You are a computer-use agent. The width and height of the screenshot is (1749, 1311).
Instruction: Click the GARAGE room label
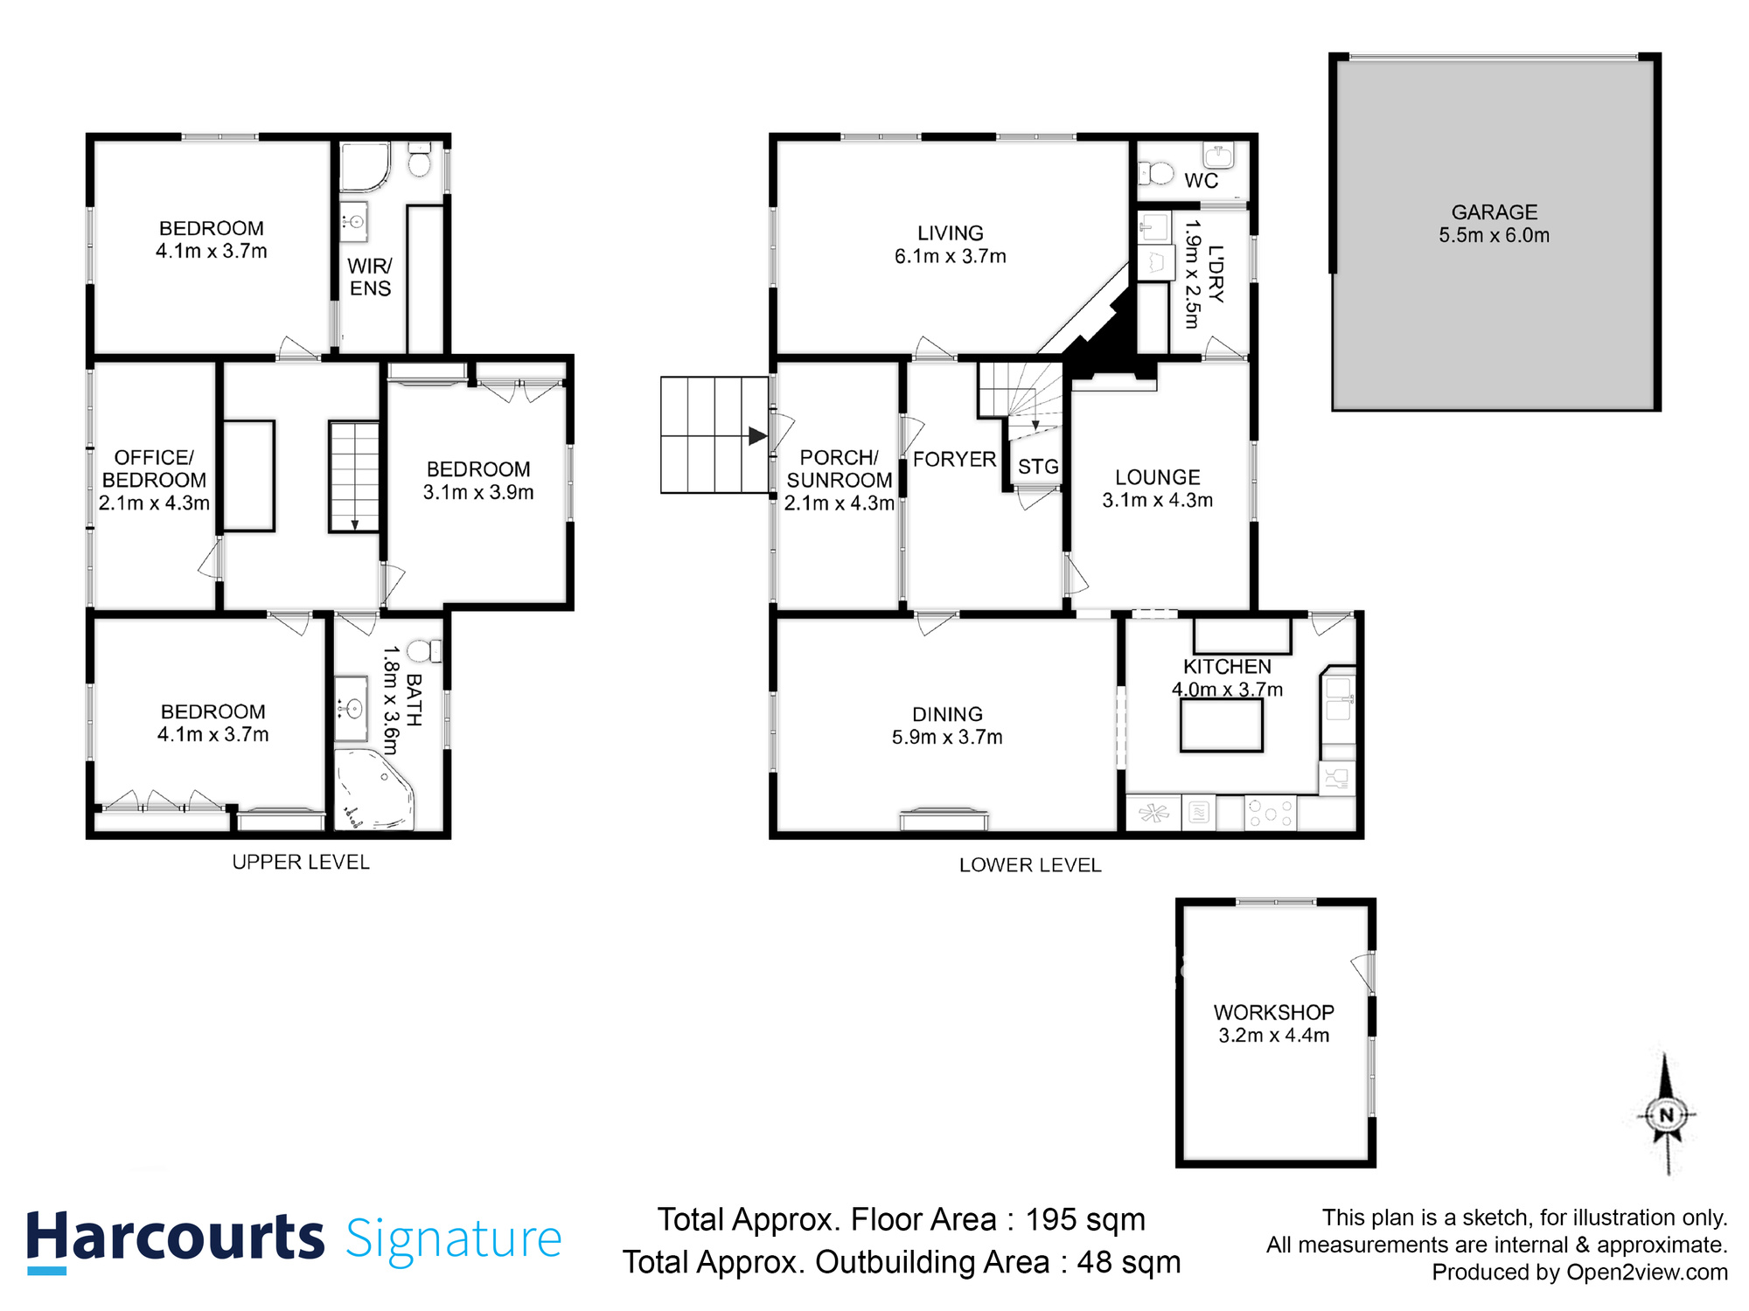click(x=1494, y=212)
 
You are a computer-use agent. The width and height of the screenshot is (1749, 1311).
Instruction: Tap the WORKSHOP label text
click(x=1273, y=1012)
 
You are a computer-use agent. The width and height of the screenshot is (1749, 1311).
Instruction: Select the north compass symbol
click(x=1666, y=1114)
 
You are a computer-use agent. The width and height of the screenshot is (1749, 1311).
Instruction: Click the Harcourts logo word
click(x=175, y=1238)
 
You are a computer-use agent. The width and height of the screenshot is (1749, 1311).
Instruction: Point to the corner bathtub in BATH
click(x=375, y=789)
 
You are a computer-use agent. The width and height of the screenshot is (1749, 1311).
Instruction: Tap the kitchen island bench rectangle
click(x=1221, y=725)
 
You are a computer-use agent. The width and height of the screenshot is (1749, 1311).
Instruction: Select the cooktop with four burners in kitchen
click(x=1270, y=813)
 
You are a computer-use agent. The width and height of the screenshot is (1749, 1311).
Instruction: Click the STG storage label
click(x=1038, y=467)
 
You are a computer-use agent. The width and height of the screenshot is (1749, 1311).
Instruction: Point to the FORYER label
click(x=954, y=459)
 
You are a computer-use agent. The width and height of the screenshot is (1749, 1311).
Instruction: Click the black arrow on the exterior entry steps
click(x=757, y=436)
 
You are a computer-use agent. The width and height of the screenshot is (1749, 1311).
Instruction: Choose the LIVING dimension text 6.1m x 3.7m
click(x=950, y=256)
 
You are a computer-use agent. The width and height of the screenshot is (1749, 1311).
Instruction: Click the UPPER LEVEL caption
click(x=301, y=862)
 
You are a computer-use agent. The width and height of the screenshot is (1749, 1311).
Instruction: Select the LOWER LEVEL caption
click(x=1030, y=865)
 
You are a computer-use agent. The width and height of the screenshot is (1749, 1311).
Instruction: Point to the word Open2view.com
click(x=1647, y=1273)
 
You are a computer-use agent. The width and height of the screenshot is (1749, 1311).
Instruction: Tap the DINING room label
click(x=947, y=714)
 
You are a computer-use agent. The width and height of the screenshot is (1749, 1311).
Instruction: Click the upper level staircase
click(x=354, y=476)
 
